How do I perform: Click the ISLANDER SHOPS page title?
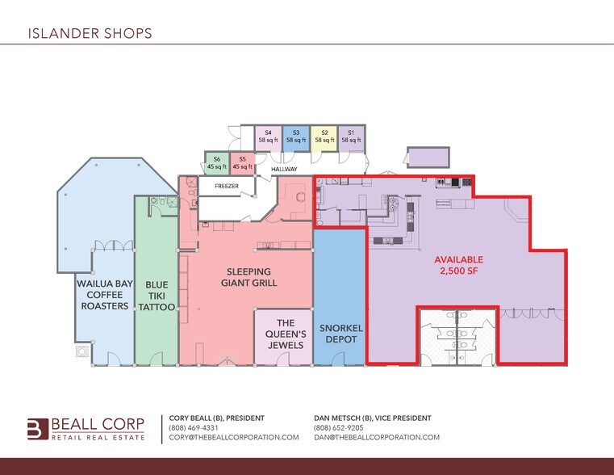coord(90,34)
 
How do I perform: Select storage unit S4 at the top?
coord(269,137)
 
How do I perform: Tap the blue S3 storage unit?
coord(296,137)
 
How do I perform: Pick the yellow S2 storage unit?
coord(324,137)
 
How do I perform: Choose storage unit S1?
coord(351,137)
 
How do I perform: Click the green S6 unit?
coord(217,162)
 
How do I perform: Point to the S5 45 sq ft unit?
coord(242,162)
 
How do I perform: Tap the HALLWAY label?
coord(284,170)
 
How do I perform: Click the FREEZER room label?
coord(227,187)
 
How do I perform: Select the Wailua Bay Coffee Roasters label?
coord(102,295)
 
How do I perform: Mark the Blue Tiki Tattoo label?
coord(156,295)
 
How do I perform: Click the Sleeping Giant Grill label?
coord(249,277)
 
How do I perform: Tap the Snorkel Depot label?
coord(339,334)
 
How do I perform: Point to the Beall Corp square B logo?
coord(37,429)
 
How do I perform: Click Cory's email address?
coord(234,437)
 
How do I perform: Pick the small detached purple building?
coord(428,158)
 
